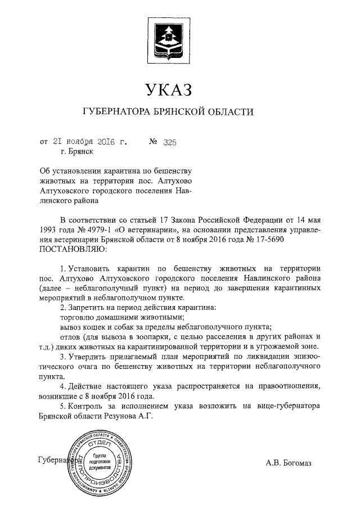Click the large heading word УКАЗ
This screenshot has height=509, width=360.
(x=168, y=89)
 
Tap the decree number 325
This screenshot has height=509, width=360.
(x=170, y=143)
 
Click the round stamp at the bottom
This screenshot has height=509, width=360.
(x=100, y=461)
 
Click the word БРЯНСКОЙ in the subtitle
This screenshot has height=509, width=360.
(x=184, y=112)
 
